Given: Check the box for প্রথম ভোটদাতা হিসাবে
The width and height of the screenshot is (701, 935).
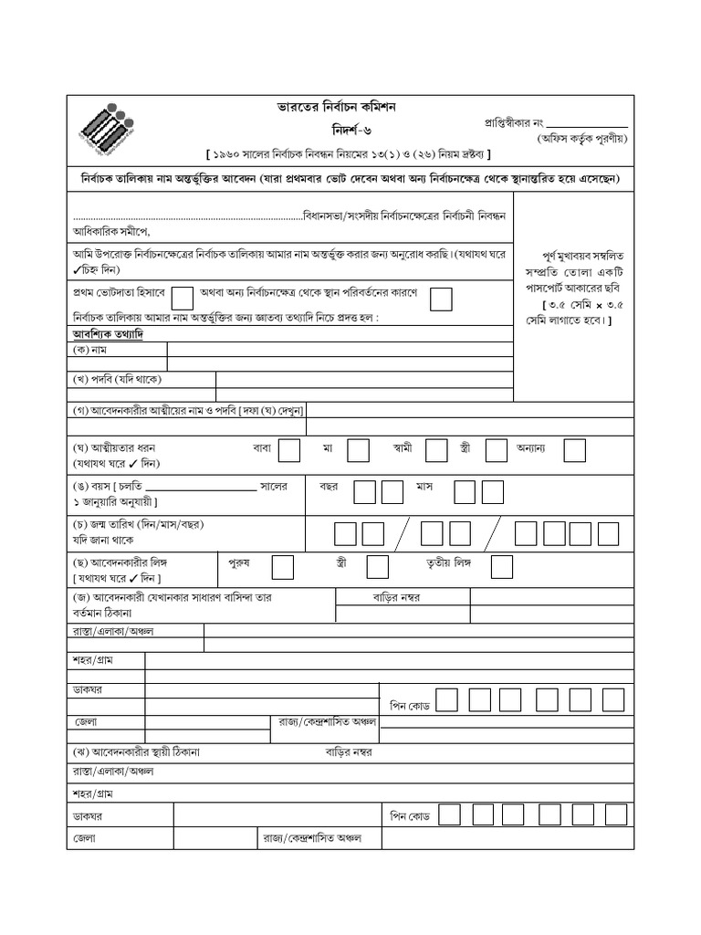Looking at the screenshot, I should click(x=183, y=297).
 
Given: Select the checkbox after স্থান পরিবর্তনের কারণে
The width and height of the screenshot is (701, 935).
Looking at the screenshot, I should click(x=441, y=297).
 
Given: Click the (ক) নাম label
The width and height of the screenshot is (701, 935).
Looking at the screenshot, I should click(x=91, y=350).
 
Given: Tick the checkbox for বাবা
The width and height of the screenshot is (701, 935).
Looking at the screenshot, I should click(x=289, y=449).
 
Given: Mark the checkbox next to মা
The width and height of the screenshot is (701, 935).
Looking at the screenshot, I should click(x=358, y=449).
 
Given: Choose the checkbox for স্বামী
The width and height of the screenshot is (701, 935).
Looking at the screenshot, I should click(x=436, y=449).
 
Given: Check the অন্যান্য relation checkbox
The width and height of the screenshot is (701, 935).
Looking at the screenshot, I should click(x=574, y=449).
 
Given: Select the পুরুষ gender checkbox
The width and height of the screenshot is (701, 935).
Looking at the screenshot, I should click(x=282, y=566).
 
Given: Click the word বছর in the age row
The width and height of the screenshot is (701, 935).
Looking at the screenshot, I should click(x=329, y=487).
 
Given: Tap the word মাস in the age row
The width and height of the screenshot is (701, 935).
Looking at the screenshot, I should click(x=424, y=487).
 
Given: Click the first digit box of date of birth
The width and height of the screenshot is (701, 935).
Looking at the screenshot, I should click(x=346, y=531).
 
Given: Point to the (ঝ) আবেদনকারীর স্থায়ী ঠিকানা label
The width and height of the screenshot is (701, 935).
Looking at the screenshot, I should click(x=136, y=752).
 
